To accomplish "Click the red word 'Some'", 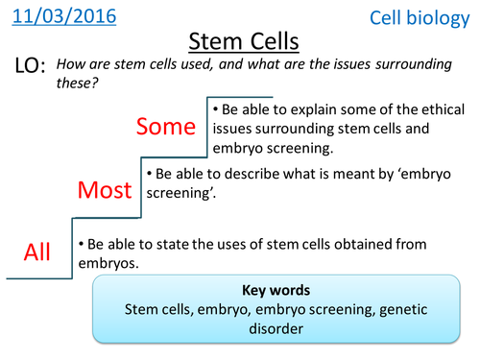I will (166, 126).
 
